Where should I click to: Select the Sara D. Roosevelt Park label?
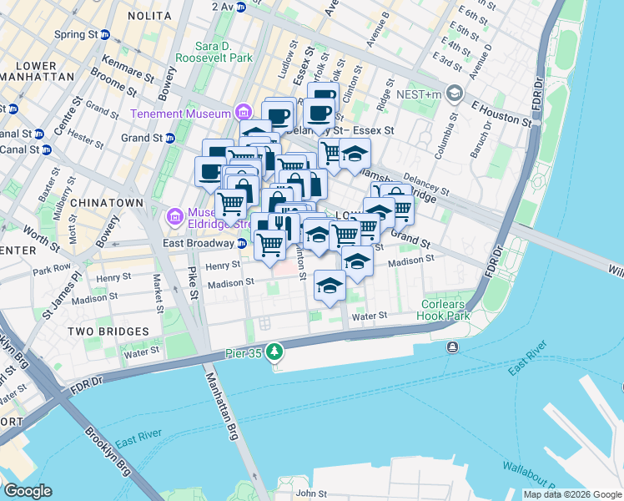(x=212, y=52)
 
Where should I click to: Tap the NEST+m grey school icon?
(x=454, y=93)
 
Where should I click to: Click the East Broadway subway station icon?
(x=241, y=243)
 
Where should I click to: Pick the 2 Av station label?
(x=223, y=6)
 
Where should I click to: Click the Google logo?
(x=27, y=491)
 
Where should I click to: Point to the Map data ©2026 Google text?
(x=572, y=494)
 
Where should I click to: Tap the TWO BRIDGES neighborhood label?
(x=108, y=331)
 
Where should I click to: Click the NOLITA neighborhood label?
(x=148, y=16)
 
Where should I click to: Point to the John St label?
(x=312, y=493)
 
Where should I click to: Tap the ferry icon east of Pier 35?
(x=452, y=347)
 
